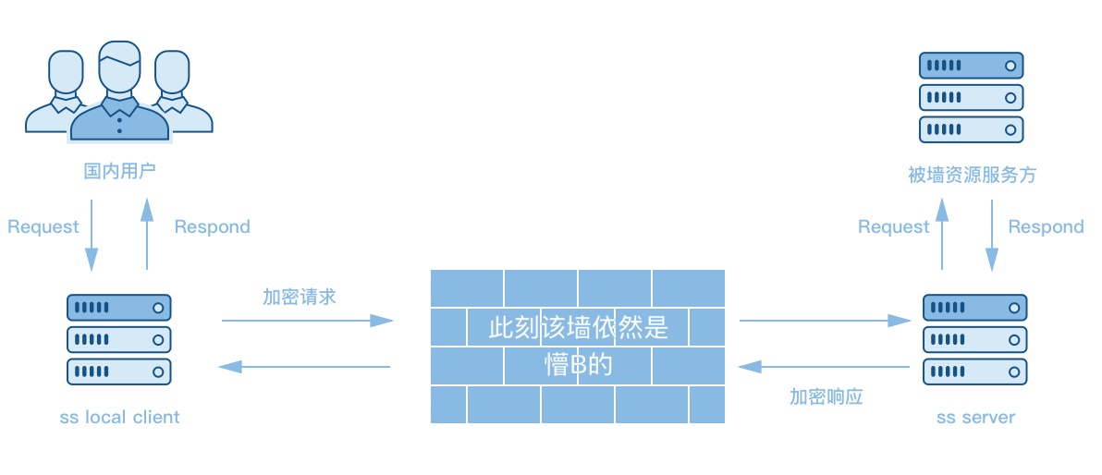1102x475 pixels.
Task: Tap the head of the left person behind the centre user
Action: pos(66,72)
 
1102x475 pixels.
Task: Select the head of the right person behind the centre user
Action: pos(171,72)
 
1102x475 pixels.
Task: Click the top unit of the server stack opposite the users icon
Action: pos(971,66)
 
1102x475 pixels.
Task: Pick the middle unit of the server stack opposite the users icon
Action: pos(971,97)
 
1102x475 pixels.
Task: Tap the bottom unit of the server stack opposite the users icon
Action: pos(971,129)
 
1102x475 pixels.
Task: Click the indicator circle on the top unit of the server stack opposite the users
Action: pos(1010,66)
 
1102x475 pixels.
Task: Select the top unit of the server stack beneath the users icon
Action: pos(118,308)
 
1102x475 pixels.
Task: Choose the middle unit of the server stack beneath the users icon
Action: pos(118,339)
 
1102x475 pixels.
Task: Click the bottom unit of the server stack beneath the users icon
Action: pos(118,371)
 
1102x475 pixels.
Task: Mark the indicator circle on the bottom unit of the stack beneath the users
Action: pos(158,371)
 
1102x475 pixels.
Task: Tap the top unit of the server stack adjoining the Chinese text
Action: pos(974,308)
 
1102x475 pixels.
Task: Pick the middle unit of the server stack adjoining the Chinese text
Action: pos(974,339)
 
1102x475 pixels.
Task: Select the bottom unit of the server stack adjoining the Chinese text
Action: pos(974,371)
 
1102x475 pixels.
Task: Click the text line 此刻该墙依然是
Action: pos(578,328)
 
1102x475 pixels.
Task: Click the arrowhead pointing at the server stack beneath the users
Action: pos(227,367)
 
